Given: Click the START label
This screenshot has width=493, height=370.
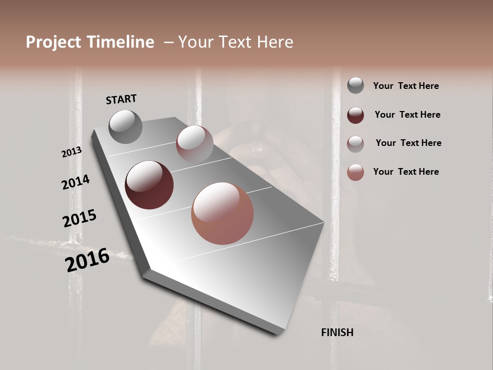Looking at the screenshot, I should [x=121, y=99].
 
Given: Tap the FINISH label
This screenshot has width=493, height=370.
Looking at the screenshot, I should [x=337, y=332].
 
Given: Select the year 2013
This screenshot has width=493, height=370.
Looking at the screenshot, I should [x=71, y=152].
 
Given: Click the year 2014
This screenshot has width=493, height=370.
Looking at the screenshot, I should [x=75, y=182].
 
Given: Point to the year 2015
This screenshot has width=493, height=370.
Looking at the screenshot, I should [x=80, y=218].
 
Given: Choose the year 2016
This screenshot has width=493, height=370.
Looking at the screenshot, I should [x=87, y=260].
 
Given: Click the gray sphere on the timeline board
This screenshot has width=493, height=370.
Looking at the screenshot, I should [x=126, y=126].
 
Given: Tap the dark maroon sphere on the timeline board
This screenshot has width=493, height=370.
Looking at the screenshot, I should [x=149, y=185].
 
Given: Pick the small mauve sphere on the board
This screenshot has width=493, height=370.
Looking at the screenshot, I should [x=195, y=143].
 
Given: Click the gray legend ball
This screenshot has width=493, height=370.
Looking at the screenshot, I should [x=355, y=86].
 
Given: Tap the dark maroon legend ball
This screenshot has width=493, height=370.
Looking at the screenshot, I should [x=355, y=115].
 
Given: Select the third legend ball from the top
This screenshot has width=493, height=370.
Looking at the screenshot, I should [x=355, y=143].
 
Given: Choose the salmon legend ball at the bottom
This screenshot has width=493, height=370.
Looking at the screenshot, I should [x=355, y=172].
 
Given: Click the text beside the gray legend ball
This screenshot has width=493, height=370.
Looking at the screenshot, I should [x=406, y=86].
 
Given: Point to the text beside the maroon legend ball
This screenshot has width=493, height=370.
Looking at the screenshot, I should [x=407, y=115].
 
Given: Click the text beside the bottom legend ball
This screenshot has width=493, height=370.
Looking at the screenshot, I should [x=406, y=172].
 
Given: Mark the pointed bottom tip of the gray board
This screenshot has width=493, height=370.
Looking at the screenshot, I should [x=277, y=333].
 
